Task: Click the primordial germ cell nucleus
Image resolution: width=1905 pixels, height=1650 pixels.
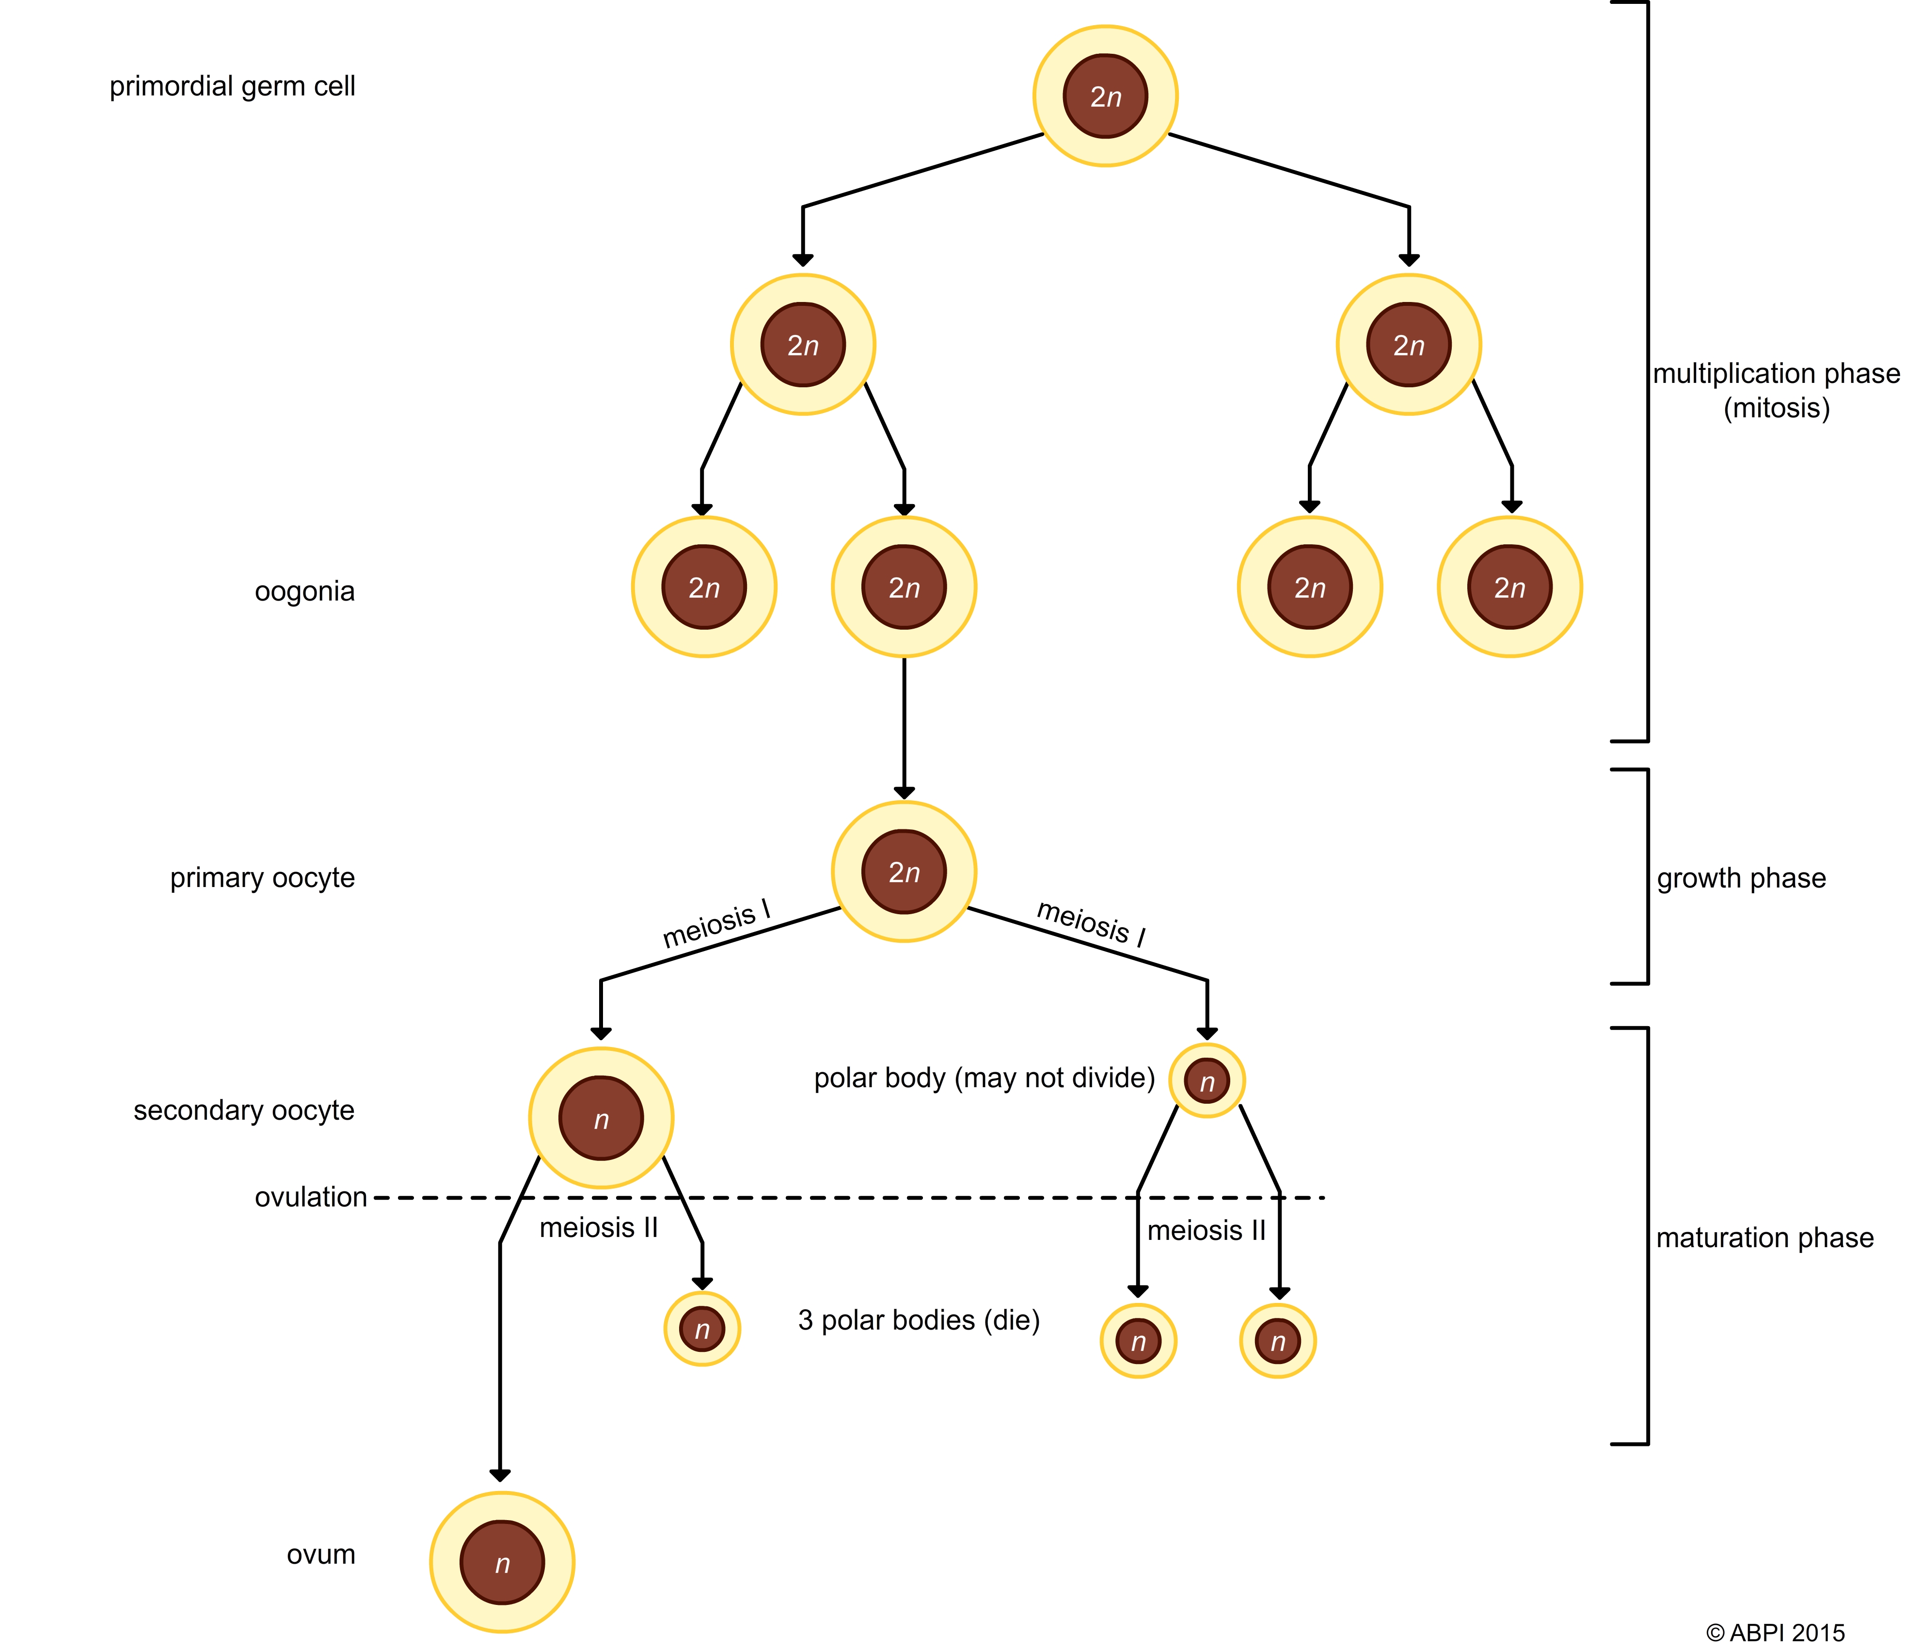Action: click(1105, 96)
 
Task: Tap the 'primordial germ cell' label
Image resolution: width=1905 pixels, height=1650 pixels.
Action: click(232, 87)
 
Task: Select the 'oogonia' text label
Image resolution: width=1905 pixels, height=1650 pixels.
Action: click(305, 591)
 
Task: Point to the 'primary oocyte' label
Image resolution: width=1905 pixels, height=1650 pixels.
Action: click(262, 877)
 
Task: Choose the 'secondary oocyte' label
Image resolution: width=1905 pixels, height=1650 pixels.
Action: click(244, 1111)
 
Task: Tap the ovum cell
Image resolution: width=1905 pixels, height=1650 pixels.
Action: click(502, 1563)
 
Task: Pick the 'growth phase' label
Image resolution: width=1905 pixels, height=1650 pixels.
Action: click(1741, 878)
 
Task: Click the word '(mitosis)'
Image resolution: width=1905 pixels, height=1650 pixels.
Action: click(1776, 408)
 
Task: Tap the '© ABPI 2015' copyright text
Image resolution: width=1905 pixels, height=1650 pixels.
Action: click(1775, 1633)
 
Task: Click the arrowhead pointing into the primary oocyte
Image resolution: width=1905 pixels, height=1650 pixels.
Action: click(904, 793)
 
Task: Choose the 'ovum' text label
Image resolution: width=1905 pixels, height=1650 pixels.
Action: click(320, 1554)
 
